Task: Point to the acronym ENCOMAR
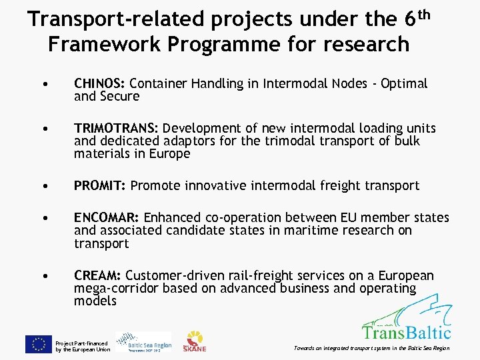click(x=107, y=218)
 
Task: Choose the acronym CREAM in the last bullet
click(x=97, y=276)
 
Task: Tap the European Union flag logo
click(x=39, y=344)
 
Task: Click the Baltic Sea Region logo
click(x=143, y=342)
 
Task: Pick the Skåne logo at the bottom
click(x=195, y=341)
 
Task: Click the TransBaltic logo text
click(x=407, y=331)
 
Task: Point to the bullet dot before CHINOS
click(x=43, y=85)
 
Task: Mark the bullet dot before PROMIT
click(x=43, y=187)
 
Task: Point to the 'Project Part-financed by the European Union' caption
click(x=83, y=346)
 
